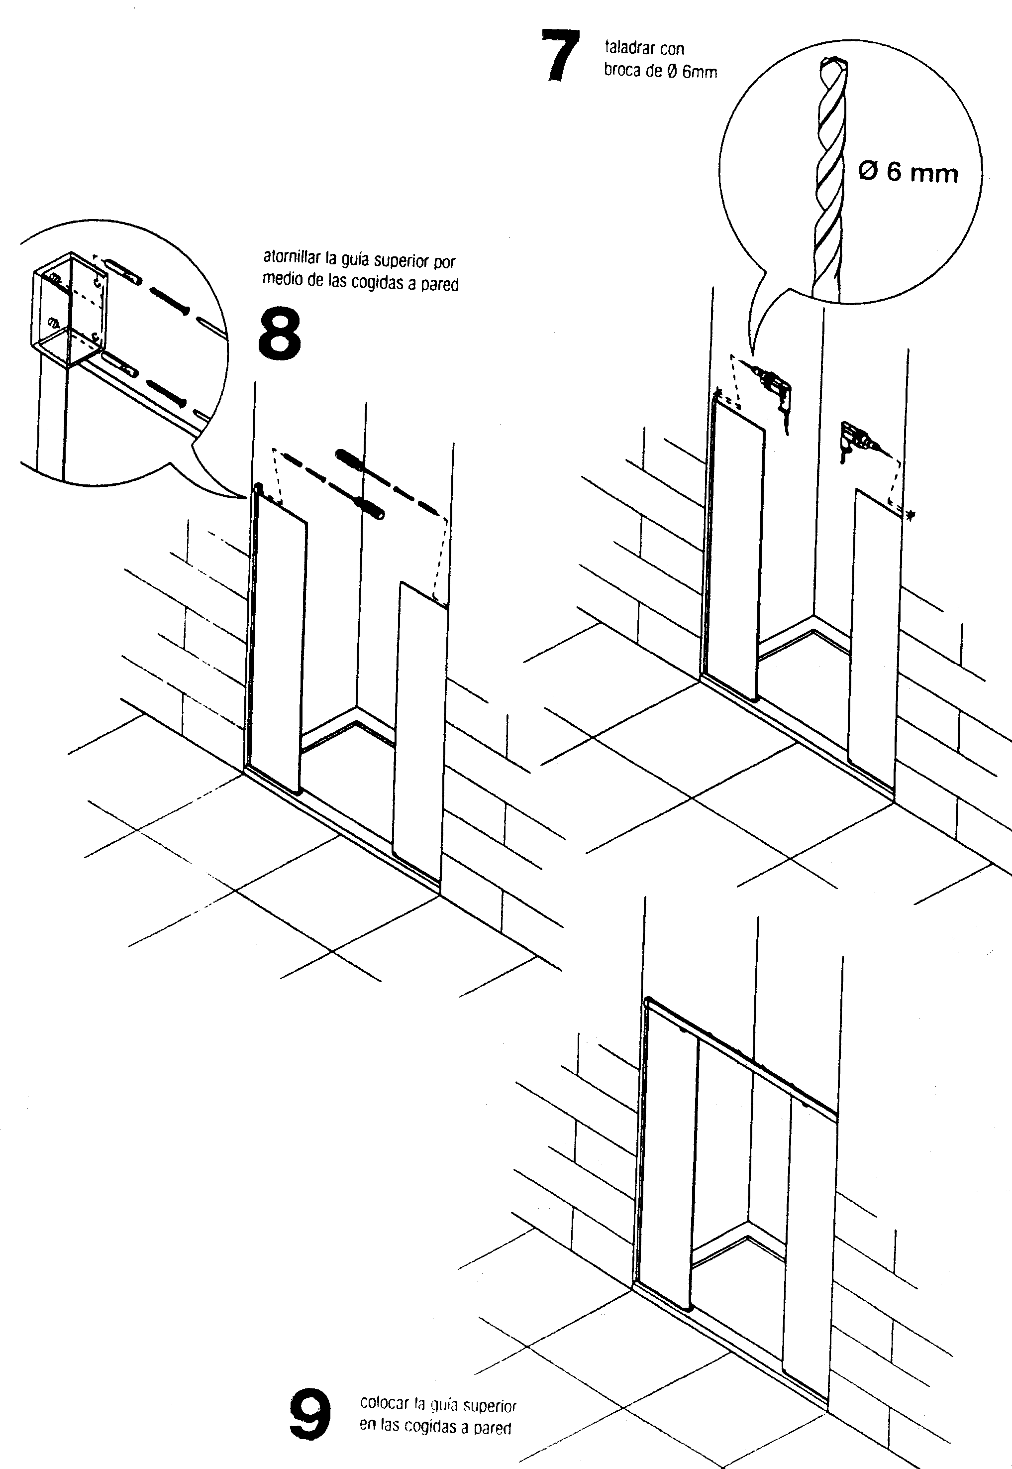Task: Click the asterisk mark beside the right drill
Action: (x=911, y=516)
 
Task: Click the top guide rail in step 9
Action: (x=742, y=1056)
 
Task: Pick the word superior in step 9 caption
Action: (x=490, y=1406)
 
